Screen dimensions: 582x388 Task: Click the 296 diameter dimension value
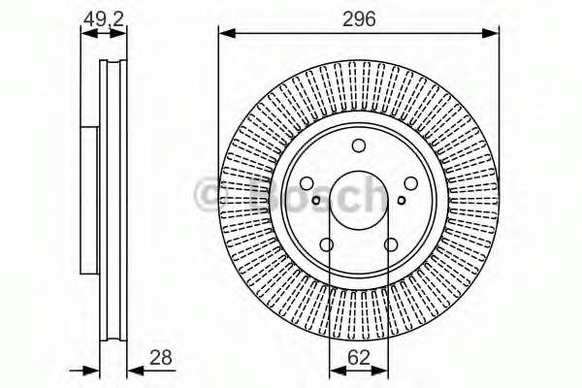[359, 19]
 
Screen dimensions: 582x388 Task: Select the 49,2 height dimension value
[104, 19]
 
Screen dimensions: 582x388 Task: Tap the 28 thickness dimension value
[161, 358]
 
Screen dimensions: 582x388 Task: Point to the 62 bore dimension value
[359, 358]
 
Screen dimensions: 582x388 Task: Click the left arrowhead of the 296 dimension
[227, 33]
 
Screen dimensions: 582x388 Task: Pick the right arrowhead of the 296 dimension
[491, 33]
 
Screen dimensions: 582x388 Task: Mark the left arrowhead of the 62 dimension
[338, 371]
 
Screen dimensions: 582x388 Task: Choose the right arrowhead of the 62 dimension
[380, 371]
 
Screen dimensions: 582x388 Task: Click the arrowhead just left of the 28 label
[136, 371]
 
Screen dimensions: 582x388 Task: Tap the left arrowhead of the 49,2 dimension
[89, 33]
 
